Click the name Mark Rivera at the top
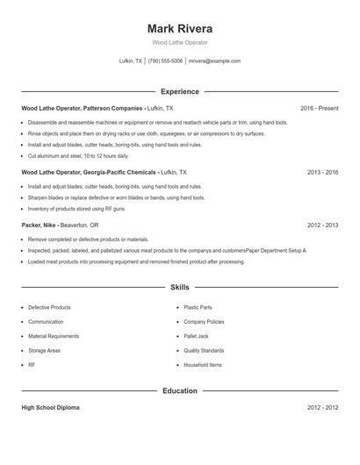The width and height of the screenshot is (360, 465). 179,28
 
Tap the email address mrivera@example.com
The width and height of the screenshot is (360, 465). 214,61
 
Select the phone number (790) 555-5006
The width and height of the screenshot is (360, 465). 165,61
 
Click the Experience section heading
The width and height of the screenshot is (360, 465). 179,91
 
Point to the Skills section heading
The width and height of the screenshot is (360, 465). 179,287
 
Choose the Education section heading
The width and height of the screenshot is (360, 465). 179,390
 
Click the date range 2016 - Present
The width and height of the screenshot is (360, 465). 319,108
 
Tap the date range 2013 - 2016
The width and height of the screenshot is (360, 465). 322,173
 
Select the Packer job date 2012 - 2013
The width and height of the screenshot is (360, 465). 322,225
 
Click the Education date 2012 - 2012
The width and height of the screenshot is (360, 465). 322,408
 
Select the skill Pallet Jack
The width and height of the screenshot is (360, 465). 197,336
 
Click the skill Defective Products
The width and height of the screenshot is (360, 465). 49,308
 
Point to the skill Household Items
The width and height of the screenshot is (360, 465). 202,364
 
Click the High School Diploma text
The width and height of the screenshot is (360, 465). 52,408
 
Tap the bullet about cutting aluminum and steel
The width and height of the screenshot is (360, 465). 78,155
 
